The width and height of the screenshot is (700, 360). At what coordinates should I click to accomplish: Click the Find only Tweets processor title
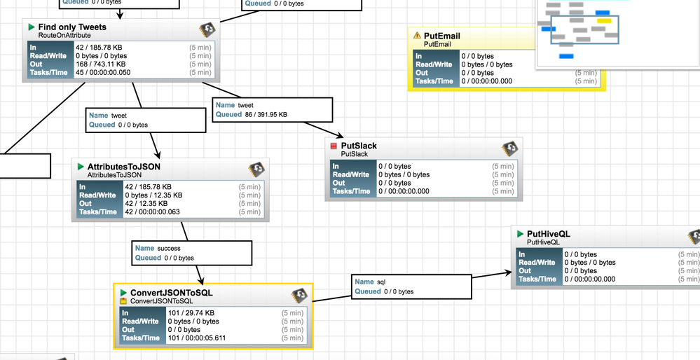[72, 27]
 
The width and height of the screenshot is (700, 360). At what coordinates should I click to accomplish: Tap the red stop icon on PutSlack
[334, 146]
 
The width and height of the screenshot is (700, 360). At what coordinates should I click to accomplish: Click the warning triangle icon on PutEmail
[418, 36]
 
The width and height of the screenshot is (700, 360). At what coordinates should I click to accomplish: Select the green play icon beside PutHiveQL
[520, 234]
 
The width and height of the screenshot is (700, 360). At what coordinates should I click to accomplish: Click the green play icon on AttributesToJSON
[81, 167]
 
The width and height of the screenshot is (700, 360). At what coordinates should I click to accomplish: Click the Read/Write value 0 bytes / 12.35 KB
[153, 195]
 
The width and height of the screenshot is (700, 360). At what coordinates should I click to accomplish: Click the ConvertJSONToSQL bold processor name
[172, 293]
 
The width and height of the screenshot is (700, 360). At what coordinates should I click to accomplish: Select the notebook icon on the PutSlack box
[510, 148]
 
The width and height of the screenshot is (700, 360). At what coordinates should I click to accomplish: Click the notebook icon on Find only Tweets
[207, 29]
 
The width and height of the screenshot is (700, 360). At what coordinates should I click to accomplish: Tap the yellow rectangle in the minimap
[604, 20]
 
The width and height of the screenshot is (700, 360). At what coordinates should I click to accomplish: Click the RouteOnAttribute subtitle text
[64, 36]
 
